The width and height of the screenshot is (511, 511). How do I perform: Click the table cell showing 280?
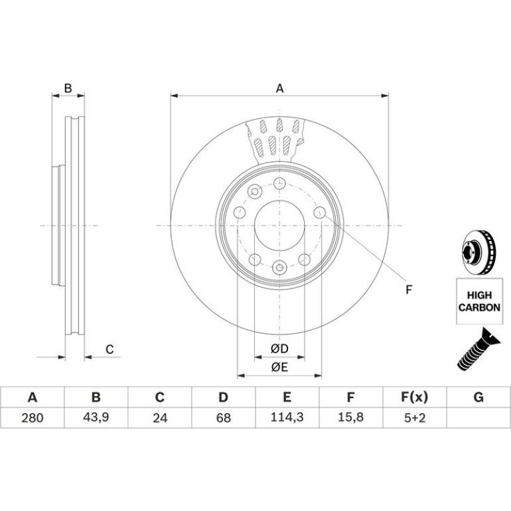coord(33,417)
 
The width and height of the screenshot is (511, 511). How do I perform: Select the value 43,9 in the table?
coord(96,417)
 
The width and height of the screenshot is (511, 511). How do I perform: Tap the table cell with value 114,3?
coord(287,417)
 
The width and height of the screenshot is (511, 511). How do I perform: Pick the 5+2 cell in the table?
coord(415,417)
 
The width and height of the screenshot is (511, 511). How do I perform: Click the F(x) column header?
coord(415,398)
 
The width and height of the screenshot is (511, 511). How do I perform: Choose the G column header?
coord(478,398)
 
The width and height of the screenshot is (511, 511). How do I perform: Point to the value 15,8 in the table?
coord(351,417)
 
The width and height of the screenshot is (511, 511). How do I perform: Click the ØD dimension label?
coord(279,349)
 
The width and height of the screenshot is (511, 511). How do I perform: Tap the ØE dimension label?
coord(279,368)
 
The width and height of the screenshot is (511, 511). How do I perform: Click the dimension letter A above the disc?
coord(279,88)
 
